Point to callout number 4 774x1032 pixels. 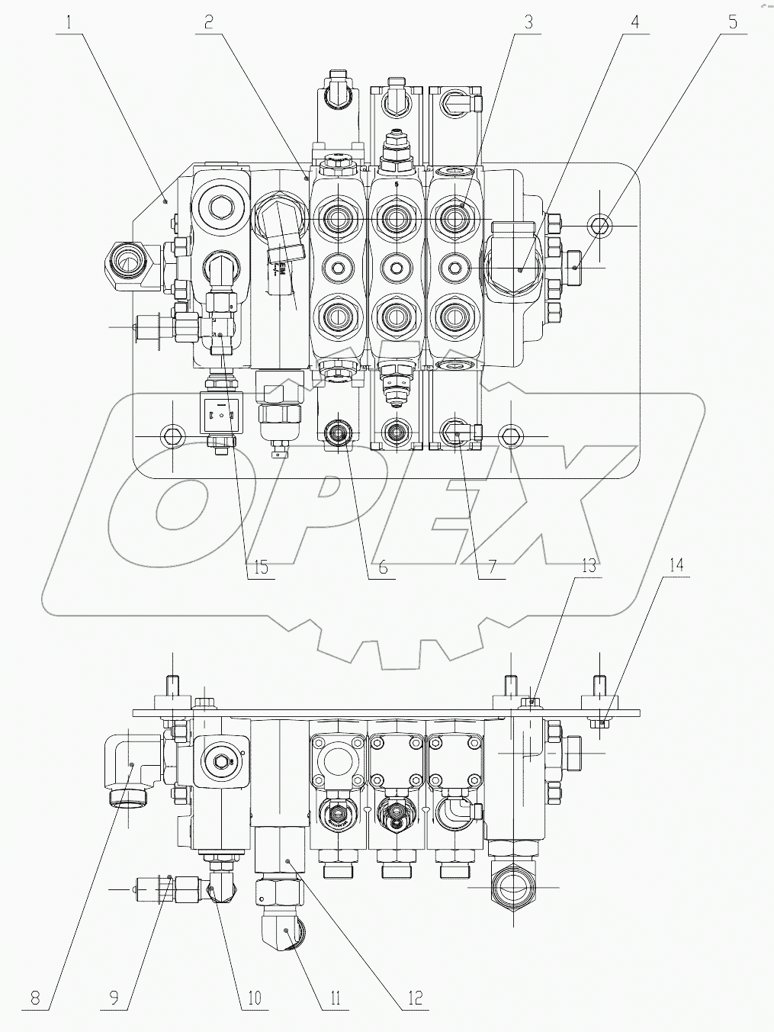pos(634,22)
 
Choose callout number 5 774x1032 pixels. pos(732,22)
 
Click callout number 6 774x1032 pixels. pos(382,567)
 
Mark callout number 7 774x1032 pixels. pos(492,567)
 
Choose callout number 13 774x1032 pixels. pos(588,565)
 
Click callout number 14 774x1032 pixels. pos(677,565)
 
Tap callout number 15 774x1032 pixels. pos(261,567)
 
